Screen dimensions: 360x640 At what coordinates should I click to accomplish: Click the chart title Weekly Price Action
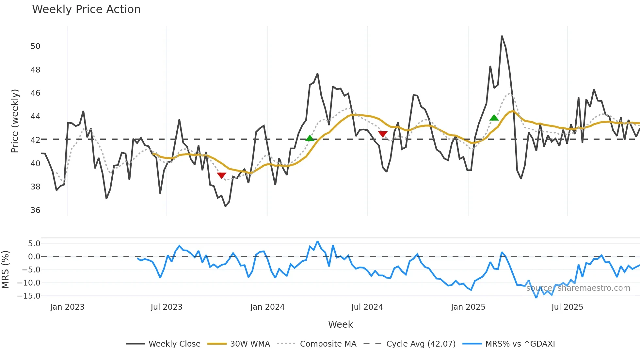(x=86, y=9)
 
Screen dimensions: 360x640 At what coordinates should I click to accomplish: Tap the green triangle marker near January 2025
(x=494, y=118)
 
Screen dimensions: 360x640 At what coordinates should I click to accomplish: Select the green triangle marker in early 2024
(x=310, y=139)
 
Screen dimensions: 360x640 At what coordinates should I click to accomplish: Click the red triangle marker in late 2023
(x=221, y=175)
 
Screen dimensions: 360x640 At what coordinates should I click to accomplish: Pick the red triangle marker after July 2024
(x=383, y=134)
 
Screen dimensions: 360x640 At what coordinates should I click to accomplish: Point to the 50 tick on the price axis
(x=35, y=46)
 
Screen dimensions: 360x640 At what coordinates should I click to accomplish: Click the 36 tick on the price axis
(x=35, y=210)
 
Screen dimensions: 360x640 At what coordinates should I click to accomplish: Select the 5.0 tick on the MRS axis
(x=34, y=244)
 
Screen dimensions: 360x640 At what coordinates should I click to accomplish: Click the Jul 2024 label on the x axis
(x=367, y=307)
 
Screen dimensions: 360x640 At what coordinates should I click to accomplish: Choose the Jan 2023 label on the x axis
(x=67, y=307)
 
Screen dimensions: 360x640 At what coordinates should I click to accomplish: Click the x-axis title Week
(x=340, y=324)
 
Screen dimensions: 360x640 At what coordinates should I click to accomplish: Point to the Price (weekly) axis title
(x=15, y=121)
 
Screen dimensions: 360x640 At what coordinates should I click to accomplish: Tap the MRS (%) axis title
(x=5, y=270)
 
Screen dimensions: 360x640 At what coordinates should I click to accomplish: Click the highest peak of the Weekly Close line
(x=502, y=36)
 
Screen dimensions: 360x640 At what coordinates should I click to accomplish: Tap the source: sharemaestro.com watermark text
(x=578, y=288)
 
